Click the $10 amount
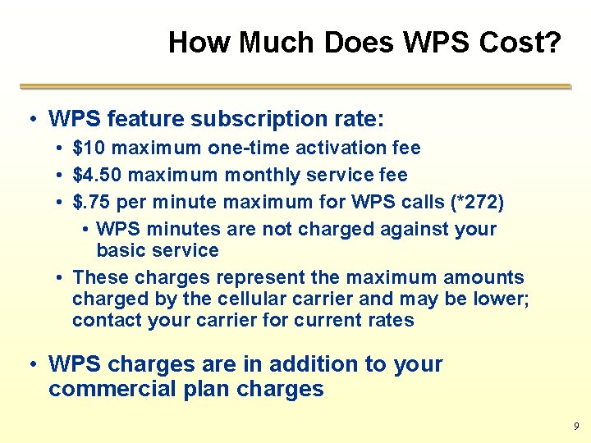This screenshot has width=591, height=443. pos(89,148)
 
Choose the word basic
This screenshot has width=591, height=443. pos(117,250)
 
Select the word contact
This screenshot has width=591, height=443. pos(107,320)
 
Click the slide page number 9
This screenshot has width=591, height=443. pos(575,427)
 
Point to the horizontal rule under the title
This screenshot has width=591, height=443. pos(295,86)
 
